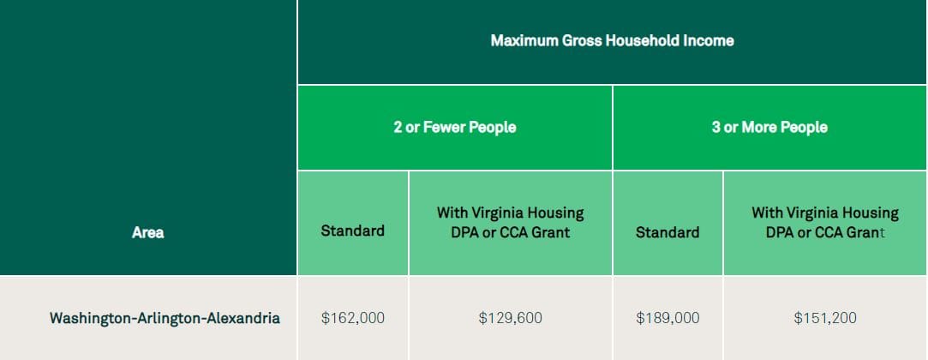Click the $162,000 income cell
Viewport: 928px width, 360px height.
[x=353, y=318]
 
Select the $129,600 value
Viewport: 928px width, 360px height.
[x=510, y=318]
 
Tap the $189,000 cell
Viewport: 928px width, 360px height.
[x=668, y=318]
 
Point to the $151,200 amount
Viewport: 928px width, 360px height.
[x=825, y=318]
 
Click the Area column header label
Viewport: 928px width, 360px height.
[x=148, y=232]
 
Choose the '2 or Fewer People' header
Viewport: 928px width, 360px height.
[x=454, y=128]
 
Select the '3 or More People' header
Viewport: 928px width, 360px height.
[x=769, y=128]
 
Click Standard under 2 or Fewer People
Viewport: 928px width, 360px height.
[x=353, y=231]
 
